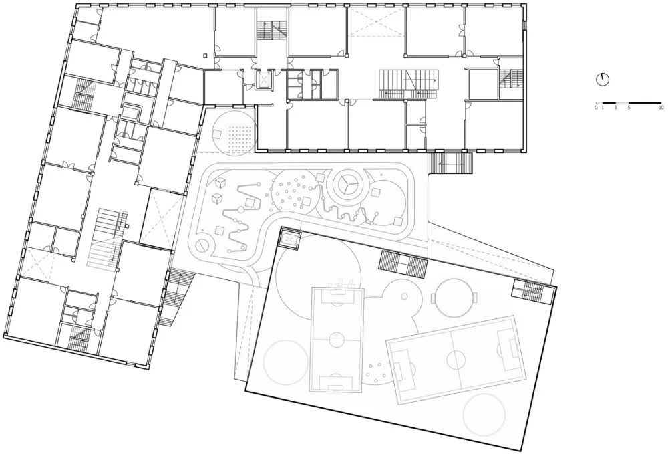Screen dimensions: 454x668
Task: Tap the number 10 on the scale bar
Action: (661, 108)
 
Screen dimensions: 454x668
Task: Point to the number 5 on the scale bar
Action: (629, 108)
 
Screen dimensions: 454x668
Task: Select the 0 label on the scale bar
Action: (596, 108)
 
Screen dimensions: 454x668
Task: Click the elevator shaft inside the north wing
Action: (265, 79)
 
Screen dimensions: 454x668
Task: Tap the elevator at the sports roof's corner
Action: (290, 238)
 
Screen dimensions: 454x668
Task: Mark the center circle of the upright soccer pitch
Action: (336, 341)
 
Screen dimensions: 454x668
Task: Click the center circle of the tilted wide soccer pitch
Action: (456, 360)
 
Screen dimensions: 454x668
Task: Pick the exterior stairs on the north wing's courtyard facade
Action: (450, 162)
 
